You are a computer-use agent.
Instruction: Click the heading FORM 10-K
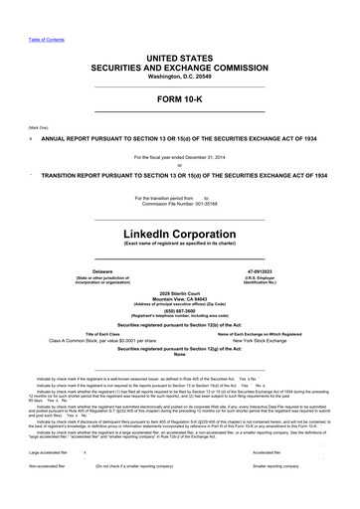[x=179, y=100]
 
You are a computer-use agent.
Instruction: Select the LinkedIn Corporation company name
[x=179, y=231]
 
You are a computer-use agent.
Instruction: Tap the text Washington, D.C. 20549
[x=179, y=76]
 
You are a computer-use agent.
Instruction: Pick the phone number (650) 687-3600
[x=179, y=310]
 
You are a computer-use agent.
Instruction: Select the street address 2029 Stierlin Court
[x=179, y=292]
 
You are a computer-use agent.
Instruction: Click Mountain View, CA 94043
[x=179, y=298]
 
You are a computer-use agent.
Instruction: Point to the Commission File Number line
[x=179, y=203]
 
